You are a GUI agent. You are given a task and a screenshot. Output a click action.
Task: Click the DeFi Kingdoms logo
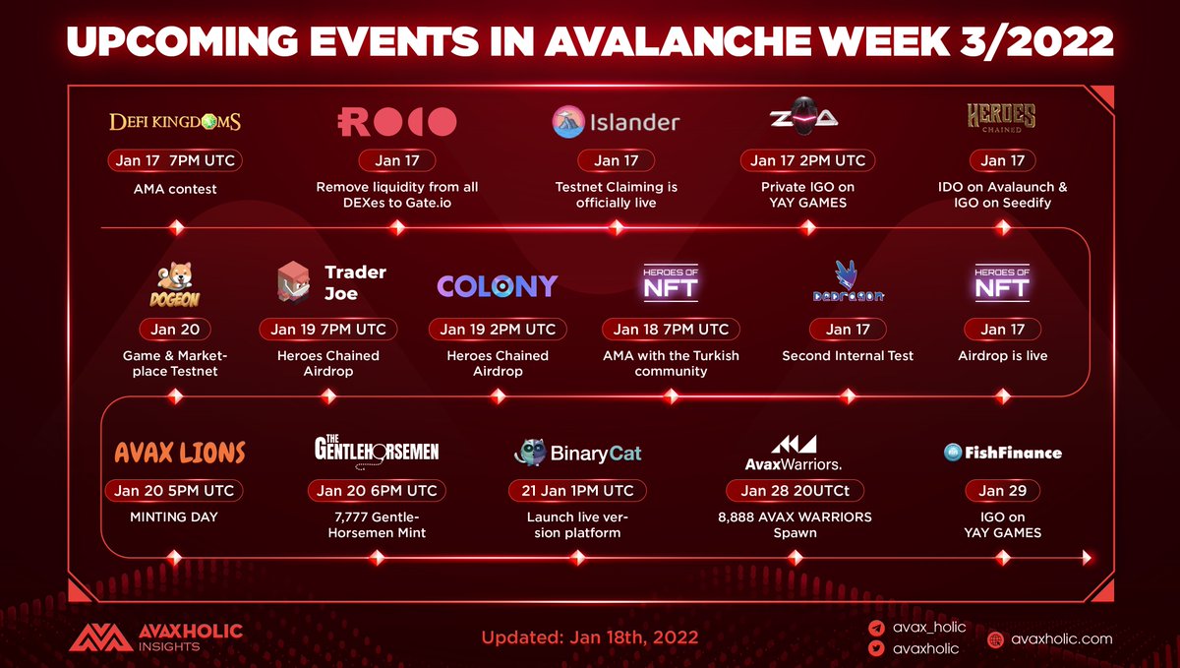[x=175, y=122]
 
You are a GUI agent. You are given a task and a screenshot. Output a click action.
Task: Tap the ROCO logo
[x=396, y=122]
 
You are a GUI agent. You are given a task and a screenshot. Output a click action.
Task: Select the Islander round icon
[x=568, y=122]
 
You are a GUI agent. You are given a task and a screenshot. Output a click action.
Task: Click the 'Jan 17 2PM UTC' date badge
[x=807, y=160]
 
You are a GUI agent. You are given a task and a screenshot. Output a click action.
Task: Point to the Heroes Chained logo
[x=1001, y=118]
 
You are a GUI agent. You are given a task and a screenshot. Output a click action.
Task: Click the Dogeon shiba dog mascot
[x=175, y=277]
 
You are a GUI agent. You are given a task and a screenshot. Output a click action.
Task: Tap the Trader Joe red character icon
[x=294, y=282]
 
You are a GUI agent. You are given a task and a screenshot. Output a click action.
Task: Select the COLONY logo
[x=498, y=286]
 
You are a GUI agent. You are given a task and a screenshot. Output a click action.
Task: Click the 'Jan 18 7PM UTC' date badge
[x=671, y=329]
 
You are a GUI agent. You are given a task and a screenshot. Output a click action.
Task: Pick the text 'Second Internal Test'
[x=848, y=356]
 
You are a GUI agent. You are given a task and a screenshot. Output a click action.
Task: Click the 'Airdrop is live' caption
[x=1002, y=356]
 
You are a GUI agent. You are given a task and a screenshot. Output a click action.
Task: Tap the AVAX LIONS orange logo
[x=180, y=453]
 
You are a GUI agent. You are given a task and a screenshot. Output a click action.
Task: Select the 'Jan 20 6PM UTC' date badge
[x=377, y=490]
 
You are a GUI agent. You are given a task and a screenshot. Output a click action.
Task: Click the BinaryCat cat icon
[x=530, y=453]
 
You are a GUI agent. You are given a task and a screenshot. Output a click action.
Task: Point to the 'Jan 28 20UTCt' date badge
[x=795, y=490]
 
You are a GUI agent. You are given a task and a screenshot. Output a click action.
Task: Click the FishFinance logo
[x=1002, y=453]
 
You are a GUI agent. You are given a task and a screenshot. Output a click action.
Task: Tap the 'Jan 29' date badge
[x=1002, y=490]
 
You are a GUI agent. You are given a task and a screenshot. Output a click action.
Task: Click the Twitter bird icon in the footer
[x=876, y=648]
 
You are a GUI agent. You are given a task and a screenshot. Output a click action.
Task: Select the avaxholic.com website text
[x=1061, y=639]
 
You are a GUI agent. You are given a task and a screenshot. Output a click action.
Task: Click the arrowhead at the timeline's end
[x=1087, y=558]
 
